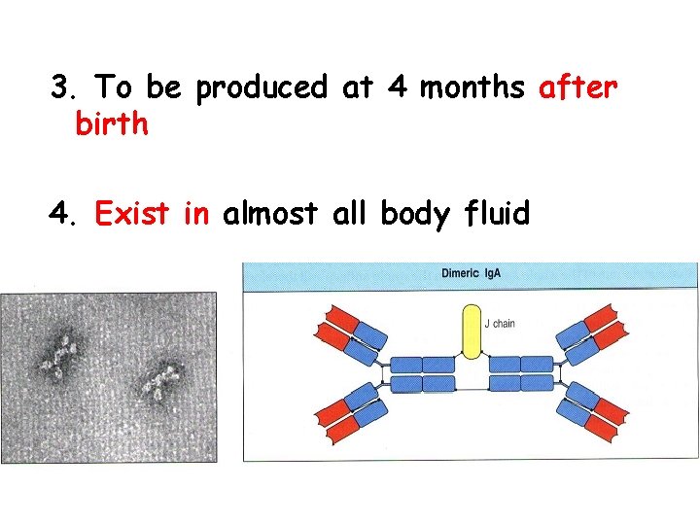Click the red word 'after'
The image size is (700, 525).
pos(577,88)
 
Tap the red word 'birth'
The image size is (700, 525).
pos(111,125)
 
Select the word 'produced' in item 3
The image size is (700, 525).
pos(262,89)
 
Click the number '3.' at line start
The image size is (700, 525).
pos(64,88)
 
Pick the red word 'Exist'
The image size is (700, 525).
pos(133,213)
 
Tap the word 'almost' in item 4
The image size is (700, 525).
pos(271,213)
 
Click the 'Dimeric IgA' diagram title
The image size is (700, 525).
pos(471,273)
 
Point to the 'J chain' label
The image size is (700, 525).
pos(500,323)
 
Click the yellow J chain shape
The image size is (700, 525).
pos(471,333)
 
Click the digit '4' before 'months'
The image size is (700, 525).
pos(398,88)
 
